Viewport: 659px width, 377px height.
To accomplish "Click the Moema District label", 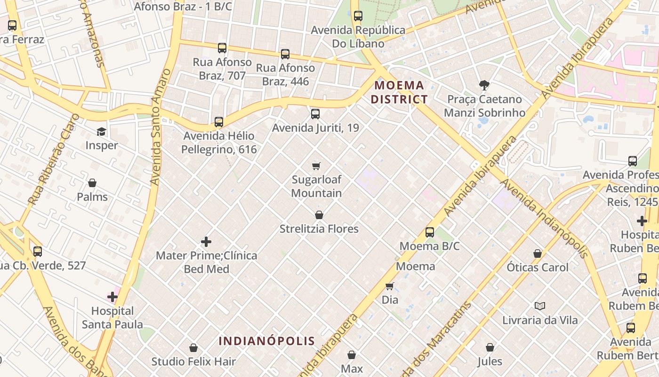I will (399, 92).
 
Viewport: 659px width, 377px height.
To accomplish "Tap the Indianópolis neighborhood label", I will (267, 341).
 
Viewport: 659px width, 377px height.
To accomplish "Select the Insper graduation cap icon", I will (102, 131).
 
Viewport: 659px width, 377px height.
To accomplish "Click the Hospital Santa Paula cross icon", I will (113, 297).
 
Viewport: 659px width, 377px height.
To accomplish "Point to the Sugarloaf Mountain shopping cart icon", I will (316, 166).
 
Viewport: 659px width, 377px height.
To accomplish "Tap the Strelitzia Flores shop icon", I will (319, 215).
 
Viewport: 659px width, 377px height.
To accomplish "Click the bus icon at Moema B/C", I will (430, 232).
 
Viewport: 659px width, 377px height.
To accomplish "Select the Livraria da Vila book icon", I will (540, 306).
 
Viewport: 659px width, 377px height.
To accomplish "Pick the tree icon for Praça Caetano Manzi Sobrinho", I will (484, 85).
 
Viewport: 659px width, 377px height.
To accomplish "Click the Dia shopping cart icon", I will (390, 286).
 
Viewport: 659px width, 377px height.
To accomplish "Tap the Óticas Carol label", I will (538, 267).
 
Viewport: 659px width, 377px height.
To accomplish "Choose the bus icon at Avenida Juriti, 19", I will (315, 114).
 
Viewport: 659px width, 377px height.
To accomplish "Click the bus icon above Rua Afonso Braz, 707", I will (222, 48).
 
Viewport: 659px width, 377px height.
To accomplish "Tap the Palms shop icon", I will (92, 183).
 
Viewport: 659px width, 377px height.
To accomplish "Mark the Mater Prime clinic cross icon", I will (206, 242).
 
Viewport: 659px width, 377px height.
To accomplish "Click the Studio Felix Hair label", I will (193, 362).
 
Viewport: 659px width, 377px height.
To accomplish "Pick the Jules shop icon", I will (490, 348).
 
